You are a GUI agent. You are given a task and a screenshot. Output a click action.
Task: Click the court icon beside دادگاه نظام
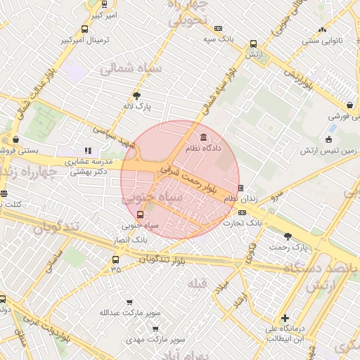(x=204, y=136)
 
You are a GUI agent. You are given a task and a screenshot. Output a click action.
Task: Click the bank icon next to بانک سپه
(x=218, y=29)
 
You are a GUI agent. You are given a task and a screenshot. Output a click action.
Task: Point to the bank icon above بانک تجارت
(x=242, y=212)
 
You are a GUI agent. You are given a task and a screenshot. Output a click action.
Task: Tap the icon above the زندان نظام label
(x=241, y=188)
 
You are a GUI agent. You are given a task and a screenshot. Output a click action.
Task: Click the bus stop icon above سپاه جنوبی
(x=139, y=215)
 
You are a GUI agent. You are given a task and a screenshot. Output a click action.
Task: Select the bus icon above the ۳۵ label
(x=115, y=259)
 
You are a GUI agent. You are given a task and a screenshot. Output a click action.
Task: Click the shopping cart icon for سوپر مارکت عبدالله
(x=129, y=302)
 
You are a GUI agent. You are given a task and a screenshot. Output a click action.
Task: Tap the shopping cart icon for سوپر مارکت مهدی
(x=155, y=328)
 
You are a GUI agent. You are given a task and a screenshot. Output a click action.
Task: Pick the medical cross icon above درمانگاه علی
(x=285, y=318)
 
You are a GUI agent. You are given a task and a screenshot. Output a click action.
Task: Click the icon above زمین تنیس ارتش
(x=330, y=139)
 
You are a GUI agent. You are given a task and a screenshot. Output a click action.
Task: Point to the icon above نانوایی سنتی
(x=322, y=30)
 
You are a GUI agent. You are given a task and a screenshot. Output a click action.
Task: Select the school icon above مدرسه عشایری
(x=88, y=150)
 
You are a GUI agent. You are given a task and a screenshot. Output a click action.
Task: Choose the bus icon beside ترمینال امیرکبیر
(x=85, y=30)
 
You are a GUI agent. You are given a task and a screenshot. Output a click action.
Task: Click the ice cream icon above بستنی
(x=15, y=139)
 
